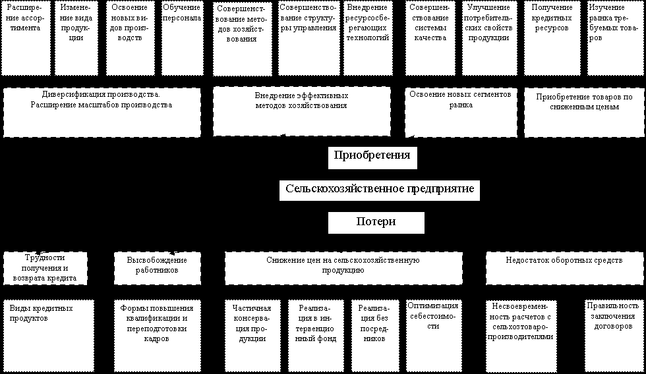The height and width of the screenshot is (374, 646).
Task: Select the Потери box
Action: (376, 222)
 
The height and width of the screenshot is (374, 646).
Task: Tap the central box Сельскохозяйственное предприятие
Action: (380, 190)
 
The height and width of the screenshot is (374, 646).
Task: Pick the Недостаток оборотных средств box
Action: (564, 267)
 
